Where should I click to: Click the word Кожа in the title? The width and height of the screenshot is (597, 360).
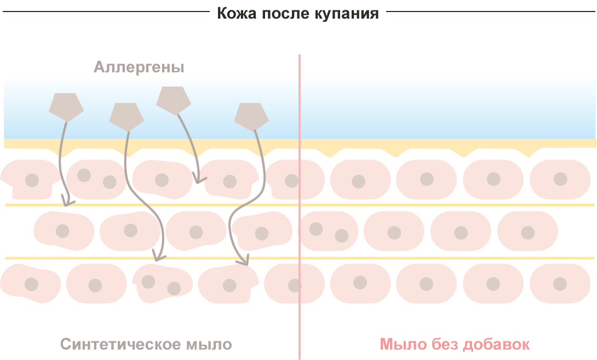(233, 13)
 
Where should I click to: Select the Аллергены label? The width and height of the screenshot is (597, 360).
(139, 67)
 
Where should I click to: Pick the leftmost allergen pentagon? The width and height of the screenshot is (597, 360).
(66, 106)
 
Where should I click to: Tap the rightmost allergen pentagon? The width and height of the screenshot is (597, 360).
(251, 116)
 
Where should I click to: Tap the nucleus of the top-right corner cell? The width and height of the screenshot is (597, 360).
(560, 179)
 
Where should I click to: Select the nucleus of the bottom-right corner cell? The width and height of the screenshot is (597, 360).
(560, 284)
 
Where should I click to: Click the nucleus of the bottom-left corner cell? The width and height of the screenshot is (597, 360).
(31, 284)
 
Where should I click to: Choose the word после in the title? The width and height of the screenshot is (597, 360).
(277, 13)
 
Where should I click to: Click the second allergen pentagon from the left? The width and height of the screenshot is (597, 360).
(126, 116)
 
